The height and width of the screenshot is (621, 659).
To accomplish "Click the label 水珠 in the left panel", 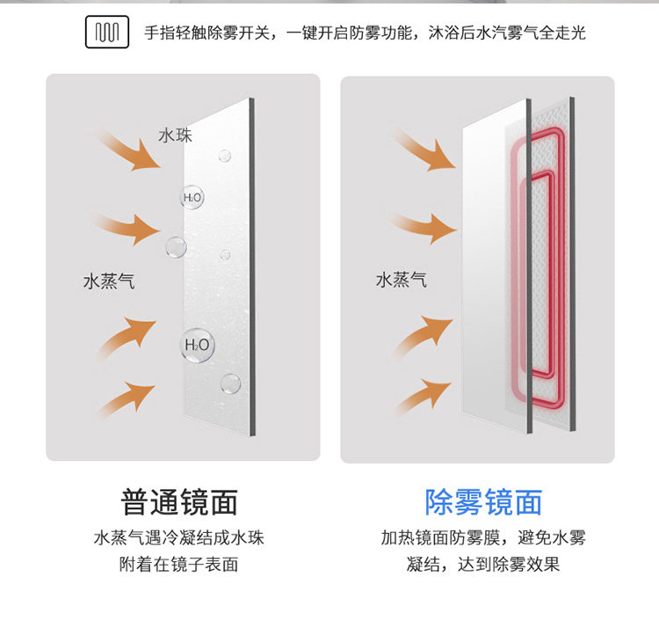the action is point(175,135).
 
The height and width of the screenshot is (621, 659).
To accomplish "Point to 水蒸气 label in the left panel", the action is point(108,281).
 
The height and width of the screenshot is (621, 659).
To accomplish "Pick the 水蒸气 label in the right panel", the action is point(401,280).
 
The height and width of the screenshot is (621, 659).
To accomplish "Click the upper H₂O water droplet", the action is point(192,198).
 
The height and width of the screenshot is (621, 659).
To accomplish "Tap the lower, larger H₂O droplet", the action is point(196,344).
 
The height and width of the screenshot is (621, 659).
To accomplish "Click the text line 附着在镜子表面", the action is point(179,565).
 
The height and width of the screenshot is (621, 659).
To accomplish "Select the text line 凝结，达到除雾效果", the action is point(483,565).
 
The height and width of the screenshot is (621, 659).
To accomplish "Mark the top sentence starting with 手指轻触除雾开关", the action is point(365,33).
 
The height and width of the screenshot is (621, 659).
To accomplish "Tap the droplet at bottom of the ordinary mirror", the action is point(230,384).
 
